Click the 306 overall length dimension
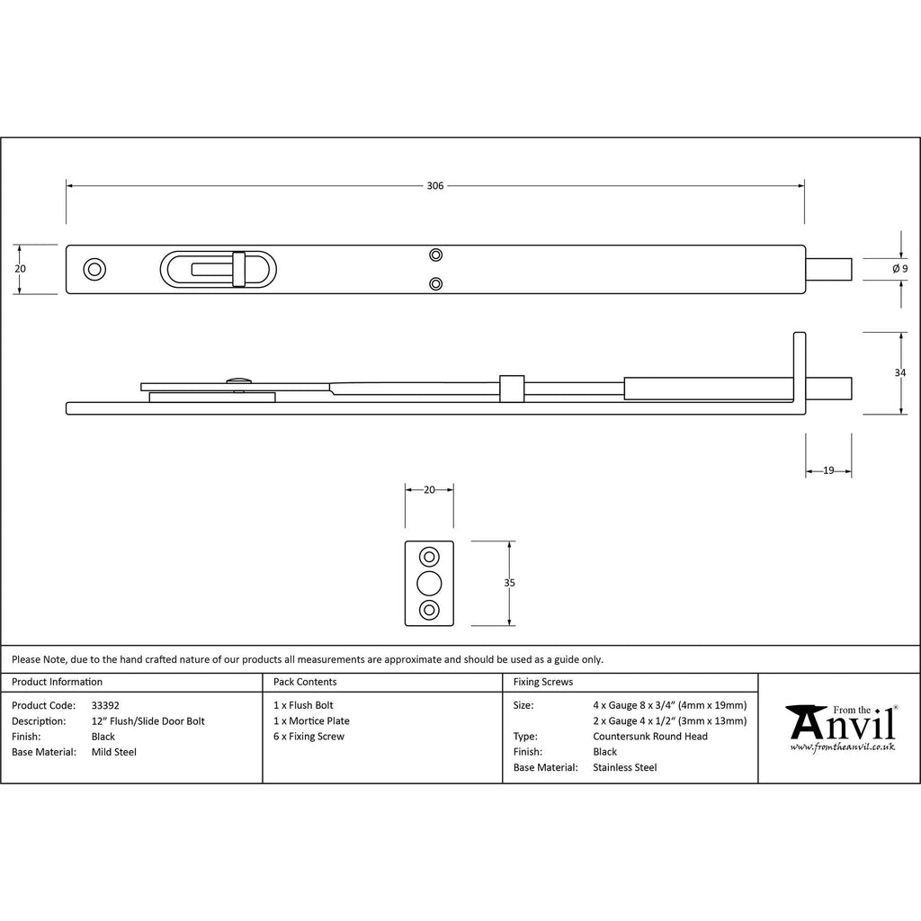[x=434, y=185]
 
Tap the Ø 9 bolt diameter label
[x=899, y=269]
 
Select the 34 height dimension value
[x=899, y=372]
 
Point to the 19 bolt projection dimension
[x=828, y=470]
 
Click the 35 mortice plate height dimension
[x=509, y=583]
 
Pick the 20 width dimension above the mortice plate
[x=429, y=489]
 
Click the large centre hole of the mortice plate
[x=429, y=583]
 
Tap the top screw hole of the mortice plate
[x=429, y=557]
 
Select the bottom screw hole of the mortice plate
[x=429, y=610]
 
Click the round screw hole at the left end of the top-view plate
[x=94, y=270]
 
